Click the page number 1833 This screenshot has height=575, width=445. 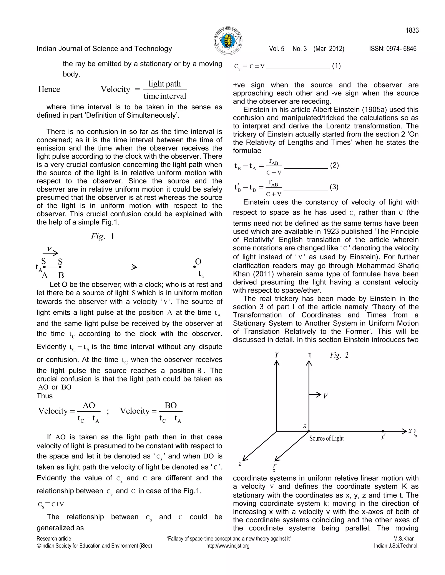tap(412, 31)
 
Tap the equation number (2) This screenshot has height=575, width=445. tap(334, 165)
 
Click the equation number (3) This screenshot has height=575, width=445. tap(334, 187)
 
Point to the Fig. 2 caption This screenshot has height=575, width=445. tap(339, 355)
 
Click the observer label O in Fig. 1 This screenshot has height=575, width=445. tap(198, 261)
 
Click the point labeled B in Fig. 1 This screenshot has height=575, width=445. tap(60, 267)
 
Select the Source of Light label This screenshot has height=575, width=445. tap(326, 438)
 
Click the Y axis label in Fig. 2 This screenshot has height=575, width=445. tap(277, 355)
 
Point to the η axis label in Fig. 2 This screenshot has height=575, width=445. tap(310, 355)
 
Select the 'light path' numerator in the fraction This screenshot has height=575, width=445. tap(164, 84)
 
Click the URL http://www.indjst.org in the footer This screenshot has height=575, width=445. tap(228, 546)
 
